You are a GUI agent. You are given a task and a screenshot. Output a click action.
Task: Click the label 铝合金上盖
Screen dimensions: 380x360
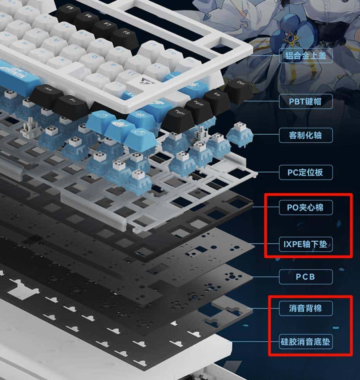pyautogui.click(x=306, y=56)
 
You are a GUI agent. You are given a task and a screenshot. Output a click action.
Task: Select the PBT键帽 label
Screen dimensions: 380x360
pyautogui.click(x=306, y=102)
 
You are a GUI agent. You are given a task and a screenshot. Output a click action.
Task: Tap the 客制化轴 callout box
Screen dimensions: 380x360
pyautogui.click(x=306, y=135)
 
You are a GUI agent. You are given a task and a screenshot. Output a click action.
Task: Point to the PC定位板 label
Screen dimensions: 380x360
pyautogui.click(x=306, y=172)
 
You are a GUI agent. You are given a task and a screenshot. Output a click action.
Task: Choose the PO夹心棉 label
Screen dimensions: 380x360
pyautogui.click(x=306, y=207)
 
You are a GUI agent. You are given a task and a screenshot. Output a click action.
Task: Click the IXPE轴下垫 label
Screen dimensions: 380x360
pyautogui.click(x=306, y=245)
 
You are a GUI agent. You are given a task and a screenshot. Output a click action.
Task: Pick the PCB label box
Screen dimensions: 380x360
pyautogui.click(x=306, y=277)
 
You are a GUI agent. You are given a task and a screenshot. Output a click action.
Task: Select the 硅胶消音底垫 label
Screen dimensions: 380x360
pyautogui.click(x=306, y=342)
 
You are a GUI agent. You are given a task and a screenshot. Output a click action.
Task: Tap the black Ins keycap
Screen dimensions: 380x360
pyautogui.click(x=217, y=99)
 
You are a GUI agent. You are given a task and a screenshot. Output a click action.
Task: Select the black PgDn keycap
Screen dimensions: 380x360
pyautogui.click(x=179, y=117)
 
